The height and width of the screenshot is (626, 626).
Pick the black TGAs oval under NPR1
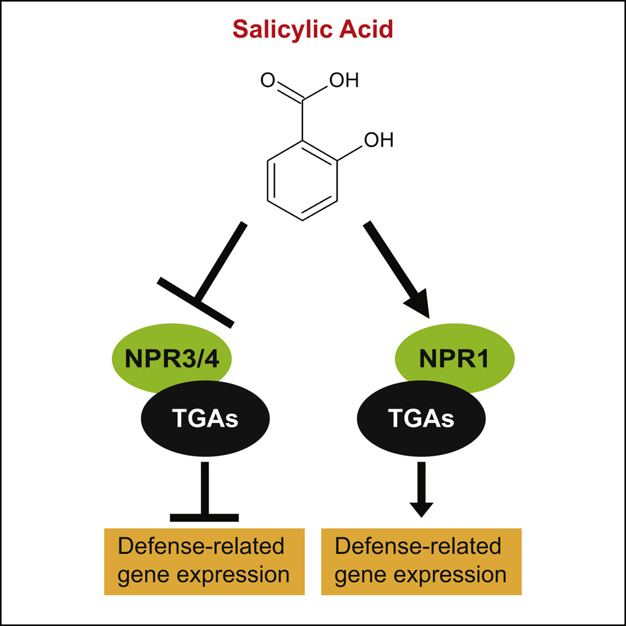(x=421, y=419)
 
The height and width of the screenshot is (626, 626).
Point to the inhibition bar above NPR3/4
(x=196, y=302)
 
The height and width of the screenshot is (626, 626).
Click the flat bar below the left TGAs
(x=204, y=518)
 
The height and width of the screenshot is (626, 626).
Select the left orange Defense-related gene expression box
(x=204, y=561)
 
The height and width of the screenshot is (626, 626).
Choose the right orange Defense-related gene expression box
(x=421, y=561)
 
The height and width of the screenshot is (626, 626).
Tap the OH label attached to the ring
(x=378, y=140)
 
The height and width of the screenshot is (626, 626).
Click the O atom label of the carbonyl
(x=267, y=80)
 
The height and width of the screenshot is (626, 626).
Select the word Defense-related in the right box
(x=419, y=546)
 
